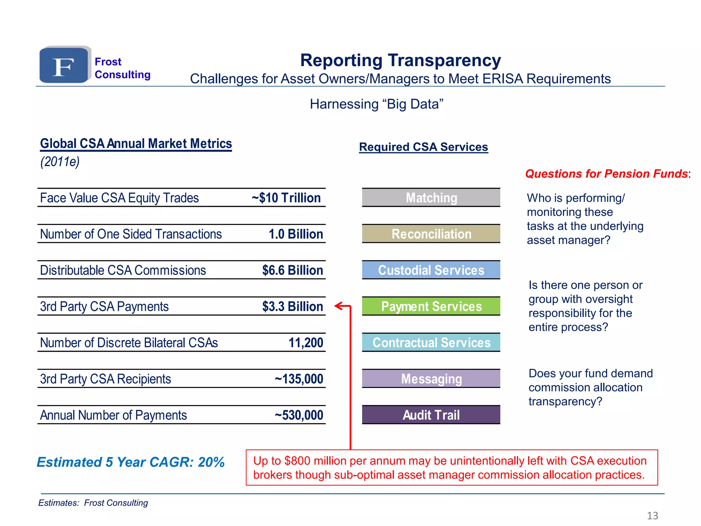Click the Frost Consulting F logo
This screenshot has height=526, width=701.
click(64, 65)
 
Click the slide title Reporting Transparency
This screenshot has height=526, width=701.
click(400, 60)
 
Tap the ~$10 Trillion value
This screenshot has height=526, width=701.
click(286, 198)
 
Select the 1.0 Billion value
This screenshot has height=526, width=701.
click(296, 234)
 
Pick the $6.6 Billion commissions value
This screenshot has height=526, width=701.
click(292, 271)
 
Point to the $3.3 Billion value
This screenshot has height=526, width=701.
click(292, 306)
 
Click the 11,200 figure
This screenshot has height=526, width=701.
click(306, 343)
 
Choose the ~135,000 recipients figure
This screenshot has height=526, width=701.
click(299, 379)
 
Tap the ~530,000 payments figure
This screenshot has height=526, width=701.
click(299, 415)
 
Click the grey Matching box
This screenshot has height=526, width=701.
click(431, 198)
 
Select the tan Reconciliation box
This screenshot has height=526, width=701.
click(431, 234)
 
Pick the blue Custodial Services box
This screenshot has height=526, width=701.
click(431, 271)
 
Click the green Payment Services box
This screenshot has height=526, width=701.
click(431, 306)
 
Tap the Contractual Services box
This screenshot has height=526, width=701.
click(431, 343)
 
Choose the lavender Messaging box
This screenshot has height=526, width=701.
click(431, 379)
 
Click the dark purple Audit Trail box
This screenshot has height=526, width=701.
click(431, 415)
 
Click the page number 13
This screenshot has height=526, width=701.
click(652, 515)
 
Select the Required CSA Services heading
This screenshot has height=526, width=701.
click(423, 147)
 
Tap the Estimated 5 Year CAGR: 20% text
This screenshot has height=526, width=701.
click(130, 462)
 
